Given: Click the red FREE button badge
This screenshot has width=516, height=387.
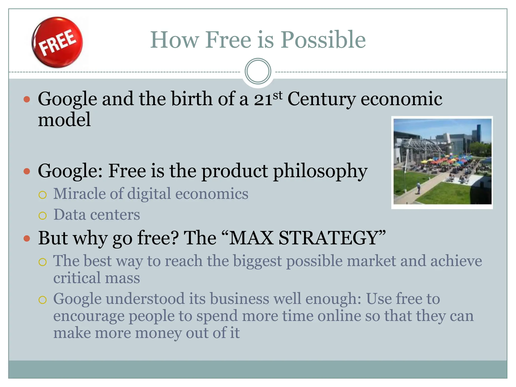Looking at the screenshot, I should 57,42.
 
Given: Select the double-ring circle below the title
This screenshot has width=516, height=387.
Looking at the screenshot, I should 258,71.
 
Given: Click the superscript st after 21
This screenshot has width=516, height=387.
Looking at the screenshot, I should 278,95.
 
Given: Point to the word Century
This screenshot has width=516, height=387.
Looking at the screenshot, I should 321,99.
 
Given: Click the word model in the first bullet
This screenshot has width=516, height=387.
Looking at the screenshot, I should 64,119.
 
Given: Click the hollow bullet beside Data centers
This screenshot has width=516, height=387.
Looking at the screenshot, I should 43,215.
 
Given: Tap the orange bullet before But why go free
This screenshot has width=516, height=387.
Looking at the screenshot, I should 27,238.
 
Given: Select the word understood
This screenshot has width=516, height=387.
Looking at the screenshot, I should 145,299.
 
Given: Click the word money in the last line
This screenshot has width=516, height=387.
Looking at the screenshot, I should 158,333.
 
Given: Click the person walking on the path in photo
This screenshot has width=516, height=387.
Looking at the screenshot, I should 418,188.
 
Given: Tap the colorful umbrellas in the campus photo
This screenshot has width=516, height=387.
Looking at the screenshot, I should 443,160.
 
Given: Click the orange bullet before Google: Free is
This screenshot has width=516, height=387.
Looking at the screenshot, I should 27,172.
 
